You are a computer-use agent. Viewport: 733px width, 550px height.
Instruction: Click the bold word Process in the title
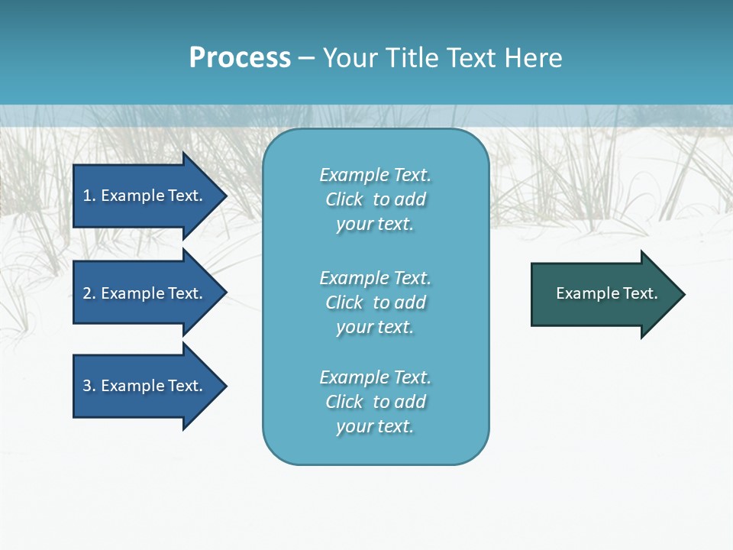click(240, 58)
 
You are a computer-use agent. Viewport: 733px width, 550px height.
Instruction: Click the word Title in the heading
click(411, 58)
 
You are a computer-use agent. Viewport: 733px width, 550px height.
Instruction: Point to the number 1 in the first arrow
click(87, 196)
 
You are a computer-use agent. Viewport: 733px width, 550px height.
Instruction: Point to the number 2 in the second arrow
click(87, 293)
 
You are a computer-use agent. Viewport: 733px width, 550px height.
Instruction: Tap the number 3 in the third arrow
click(87, 386)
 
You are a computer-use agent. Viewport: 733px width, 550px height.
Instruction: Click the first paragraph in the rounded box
click(375, 199)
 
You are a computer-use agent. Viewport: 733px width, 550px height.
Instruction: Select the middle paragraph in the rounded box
click(375, 302)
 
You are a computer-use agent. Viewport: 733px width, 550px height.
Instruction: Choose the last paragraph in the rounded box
click(375, 402)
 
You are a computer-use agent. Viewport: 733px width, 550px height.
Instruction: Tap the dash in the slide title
click(307, 58)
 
